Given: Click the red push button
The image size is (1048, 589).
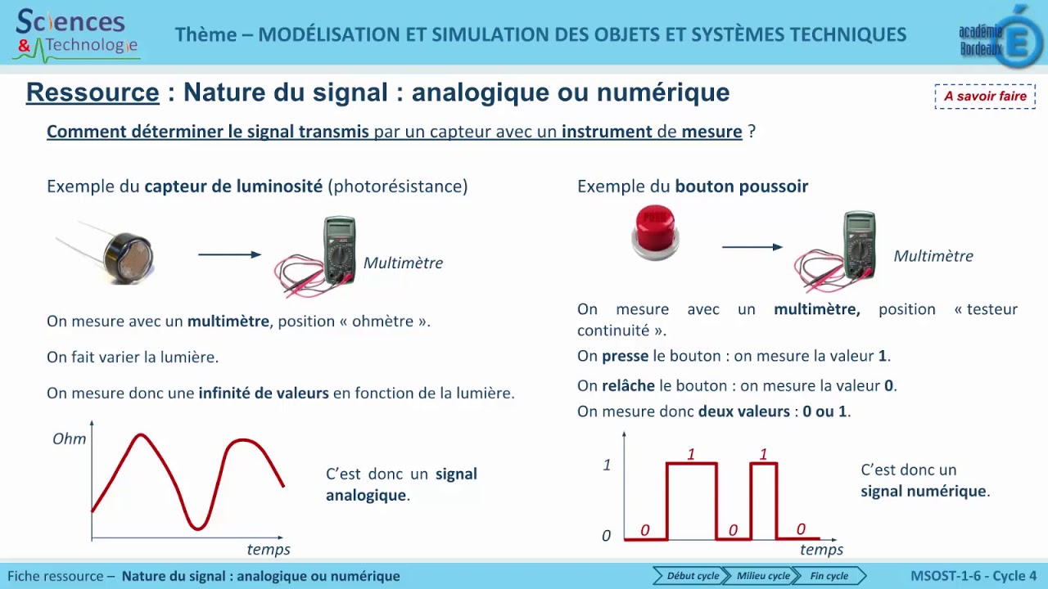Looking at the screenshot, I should [655, 232].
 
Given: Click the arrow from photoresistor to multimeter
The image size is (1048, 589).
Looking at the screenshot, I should [229, 254].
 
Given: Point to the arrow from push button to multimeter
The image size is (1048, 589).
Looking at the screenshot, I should [752, 247].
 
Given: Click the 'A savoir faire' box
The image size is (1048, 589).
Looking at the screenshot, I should [985, 97].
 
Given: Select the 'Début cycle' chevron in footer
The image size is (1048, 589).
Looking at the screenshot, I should [689, 576].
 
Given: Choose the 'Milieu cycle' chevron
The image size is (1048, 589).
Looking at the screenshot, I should [761, 576].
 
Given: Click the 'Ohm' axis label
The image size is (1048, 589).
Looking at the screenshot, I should [69, 439].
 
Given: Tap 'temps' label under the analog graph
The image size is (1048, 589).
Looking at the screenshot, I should [269, 550].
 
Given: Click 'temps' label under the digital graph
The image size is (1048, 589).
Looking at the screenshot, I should [821, 550].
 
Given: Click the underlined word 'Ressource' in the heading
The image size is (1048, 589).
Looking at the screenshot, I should [93, 92].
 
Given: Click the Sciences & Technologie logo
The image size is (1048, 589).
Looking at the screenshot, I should [76, 34].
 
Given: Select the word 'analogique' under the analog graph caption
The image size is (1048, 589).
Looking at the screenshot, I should [365, 495].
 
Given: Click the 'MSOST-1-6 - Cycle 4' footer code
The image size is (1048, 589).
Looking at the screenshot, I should [973, 576].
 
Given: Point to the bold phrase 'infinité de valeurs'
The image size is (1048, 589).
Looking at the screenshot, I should [263, 393].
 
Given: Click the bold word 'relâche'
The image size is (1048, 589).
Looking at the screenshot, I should [628, 385].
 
